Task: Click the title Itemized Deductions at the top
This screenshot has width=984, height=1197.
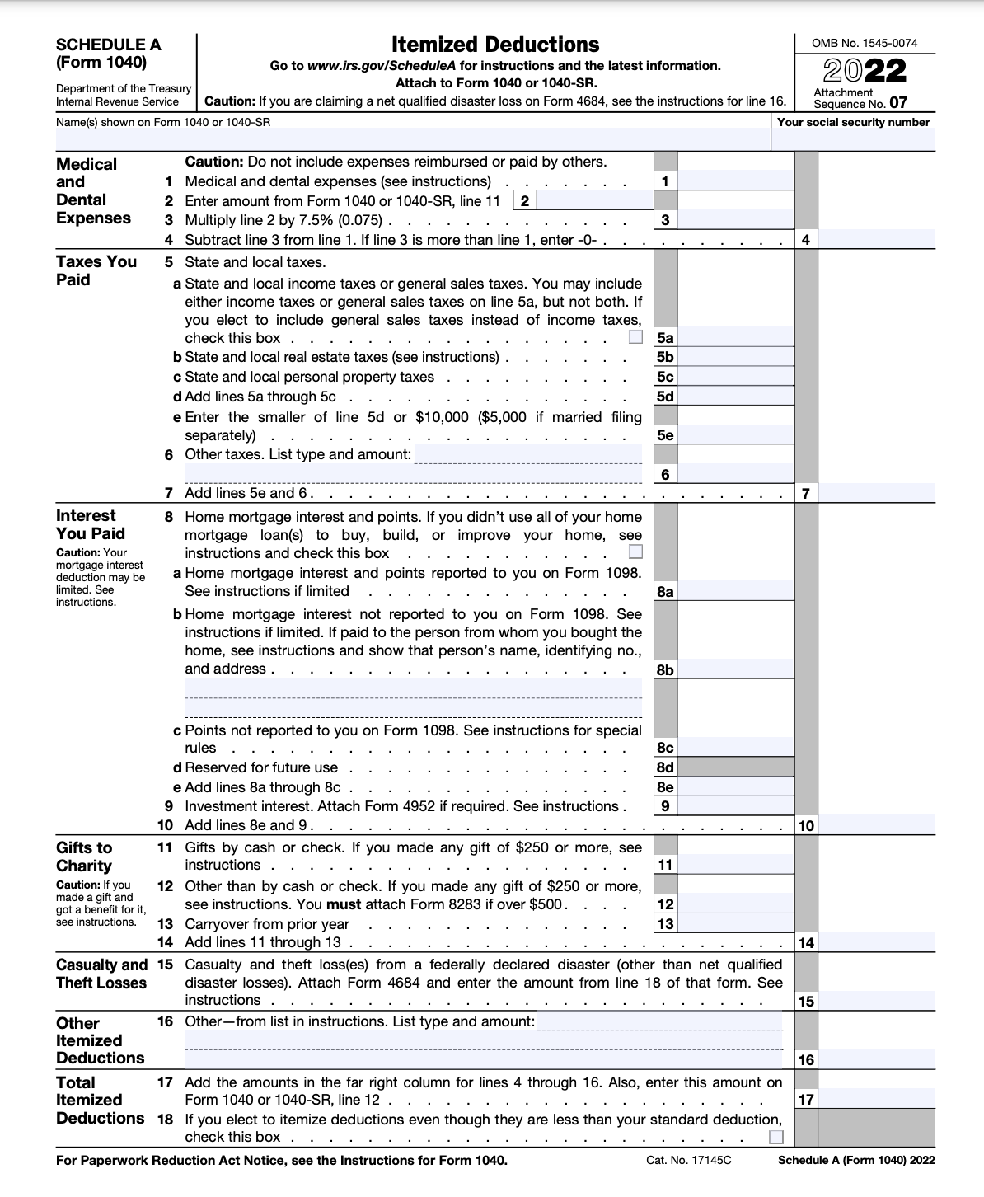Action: coord(494,45)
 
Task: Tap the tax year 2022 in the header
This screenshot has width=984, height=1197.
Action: coord(865,71)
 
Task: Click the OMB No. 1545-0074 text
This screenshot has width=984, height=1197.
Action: coord(865,43)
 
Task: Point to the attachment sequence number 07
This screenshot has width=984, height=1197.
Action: coord(897,104)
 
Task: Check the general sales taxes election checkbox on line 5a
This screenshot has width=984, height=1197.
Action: coord(635,337)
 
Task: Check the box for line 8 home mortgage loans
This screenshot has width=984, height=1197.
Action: coord(635,552)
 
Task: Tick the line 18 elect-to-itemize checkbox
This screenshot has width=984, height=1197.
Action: coord(775,1138)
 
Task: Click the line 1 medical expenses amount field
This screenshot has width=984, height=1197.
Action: coord(735,181)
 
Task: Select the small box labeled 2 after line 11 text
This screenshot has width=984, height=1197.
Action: coord(524,200)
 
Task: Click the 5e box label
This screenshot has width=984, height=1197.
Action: coord(665,435)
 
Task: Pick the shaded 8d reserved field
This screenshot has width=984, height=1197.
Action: coord(735,767)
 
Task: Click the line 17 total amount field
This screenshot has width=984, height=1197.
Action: coord(876,1099)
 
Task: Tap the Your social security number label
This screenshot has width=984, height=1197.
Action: coord(853,122)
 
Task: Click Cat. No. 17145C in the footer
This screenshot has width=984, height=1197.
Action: coord(689,1160)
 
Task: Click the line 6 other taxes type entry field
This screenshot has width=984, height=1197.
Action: coord(527,454)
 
